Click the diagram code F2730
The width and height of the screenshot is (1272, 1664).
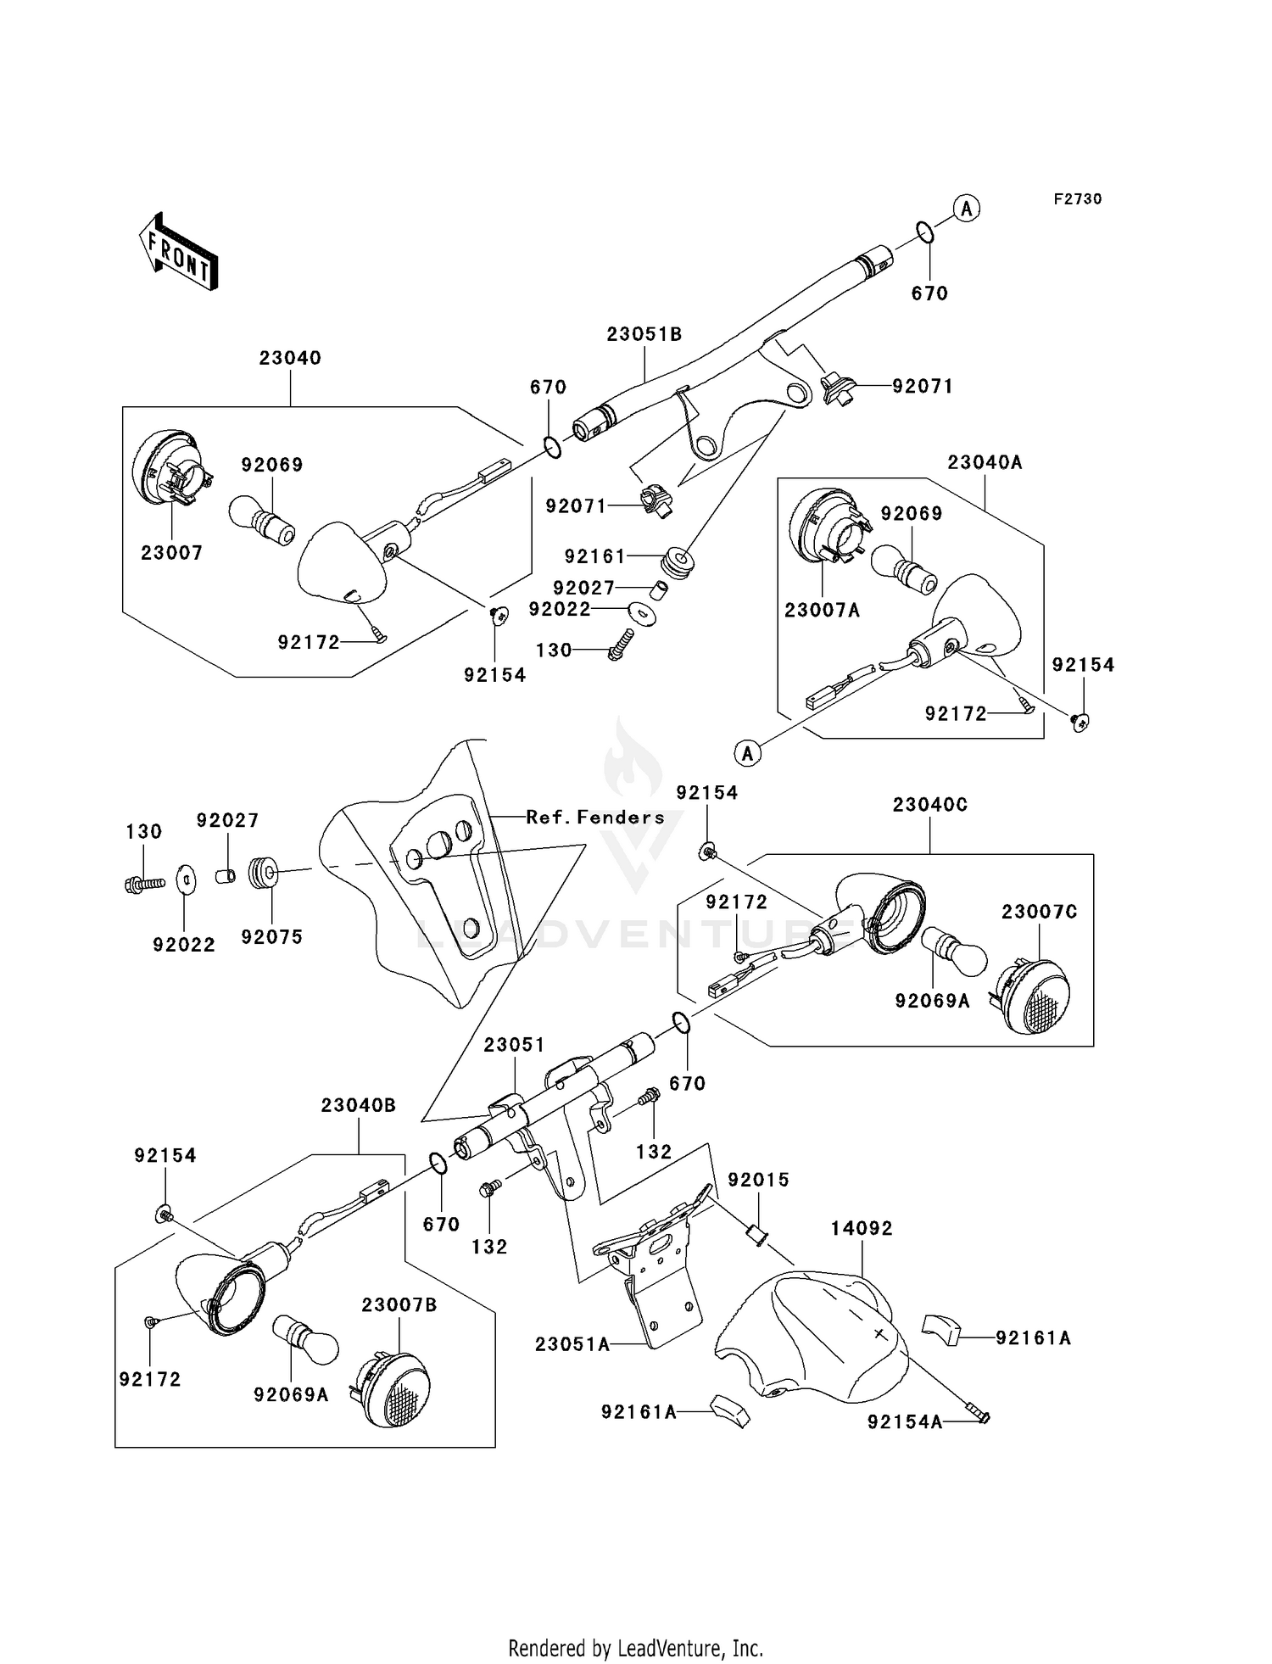pos(1078,199)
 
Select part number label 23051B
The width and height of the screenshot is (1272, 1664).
pos(644,334)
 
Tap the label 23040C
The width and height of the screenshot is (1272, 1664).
pos(929,805)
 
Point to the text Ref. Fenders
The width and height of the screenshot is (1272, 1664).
pos(595,818)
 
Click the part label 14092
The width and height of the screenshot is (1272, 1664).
pos(862,1228)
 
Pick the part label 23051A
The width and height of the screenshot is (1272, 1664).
pos(572,1344)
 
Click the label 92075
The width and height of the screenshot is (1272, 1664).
pos(271,937)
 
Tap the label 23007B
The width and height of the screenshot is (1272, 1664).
pos(399,1305)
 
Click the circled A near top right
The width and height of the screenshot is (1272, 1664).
pos(967,208)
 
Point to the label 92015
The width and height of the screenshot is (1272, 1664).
pos(758,1180)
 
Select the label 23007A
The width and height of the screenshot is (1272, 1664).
pos(822,610)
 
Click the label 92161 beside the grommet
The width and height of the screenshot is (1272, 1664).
pos(594,556)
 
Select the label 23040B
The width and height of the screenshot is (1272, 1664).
pos(358,1106)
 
